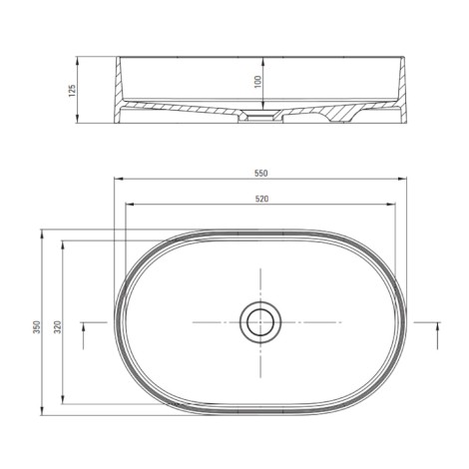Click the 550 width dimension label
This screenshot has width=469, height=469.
point(261,173)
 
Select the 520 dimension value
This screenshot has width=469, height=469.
point(261,199)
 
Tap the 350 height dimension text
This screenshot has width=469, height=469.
point(37,327)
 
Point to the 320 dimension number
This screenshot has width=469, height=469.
point(58,327)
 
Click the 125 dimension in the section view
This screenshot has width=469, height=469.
point(72,90)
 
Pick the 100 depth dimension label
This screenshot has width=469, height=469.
point(258,82)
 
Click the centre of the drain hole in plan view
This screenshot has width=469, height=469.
point(260,322)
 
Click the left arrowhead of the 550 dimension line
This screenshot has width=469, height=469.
point(119,179)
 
